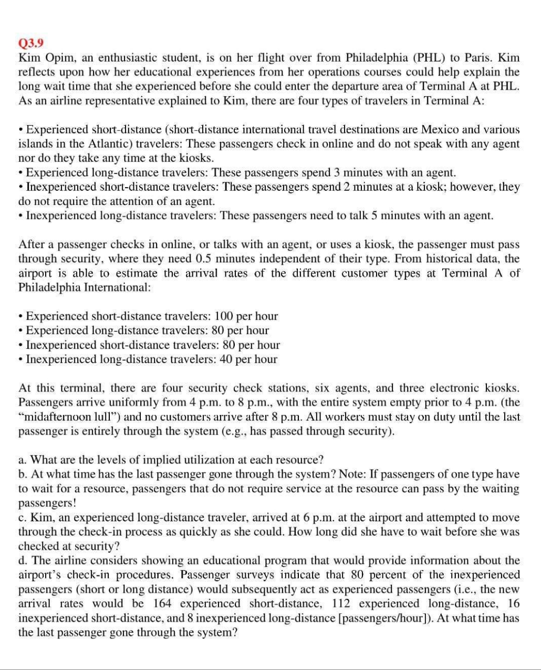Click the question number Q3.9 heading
[x=29, y=43]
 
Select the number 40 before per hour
[x=224, y=359]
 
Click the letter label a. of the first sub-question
[x=23, y=460]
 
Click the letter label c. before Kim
[x=23, y=517]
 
